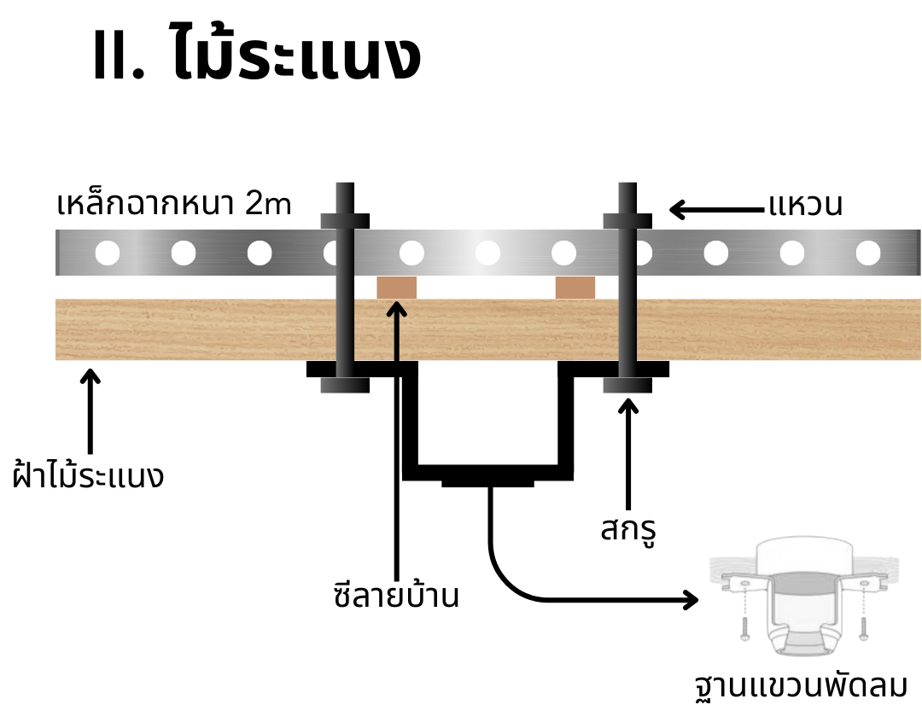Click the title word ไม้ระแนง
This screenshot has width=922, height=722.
[x=295, y=56]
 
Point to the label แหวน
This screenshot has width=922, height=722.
[x=805, y=206]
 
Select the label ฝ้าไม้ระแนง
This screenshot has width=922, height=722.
[x=89, y=475]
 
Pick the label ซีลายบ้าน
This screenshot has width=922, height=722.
[x=396, y=595]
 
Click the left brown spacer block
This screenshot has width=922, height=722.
[x=396, y=288]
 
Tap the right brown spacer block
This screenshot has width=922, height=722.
[x=575, y=288]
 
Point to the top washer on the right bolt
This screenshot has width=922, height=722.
[x=628, y=221]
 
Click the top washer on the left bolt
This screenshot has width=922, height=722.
[x=345, y=221]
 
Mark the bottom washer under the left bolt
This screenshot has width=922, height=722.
[x=345, y=386]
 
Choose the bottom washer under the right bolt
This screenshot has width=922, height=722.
[x=628, y=386]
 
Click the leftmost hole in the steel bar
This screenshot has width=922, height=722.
[x=108, y=253]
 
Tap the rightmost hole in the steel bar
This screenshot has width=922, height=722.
[x=867, y=253]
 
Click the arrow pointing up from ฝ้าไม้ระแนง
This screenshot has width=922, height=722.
[x=89, y=410]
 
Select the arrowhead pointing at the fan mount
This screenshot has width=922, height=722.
[x=690, y=599]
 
